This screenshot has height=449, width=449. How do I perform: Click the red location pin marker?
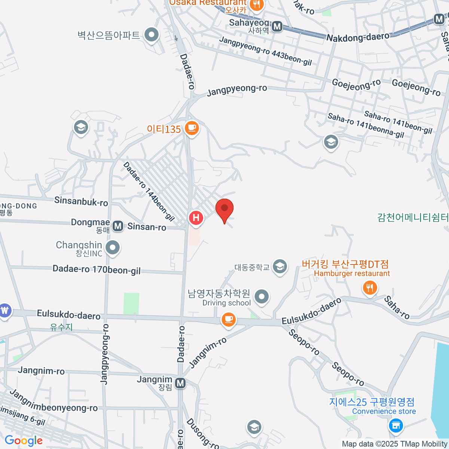[224, 209]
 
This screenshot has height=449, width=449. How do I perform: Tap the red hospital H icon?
[196, 218]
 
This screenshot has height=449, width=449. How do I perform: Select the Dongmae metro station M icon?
[118, 226]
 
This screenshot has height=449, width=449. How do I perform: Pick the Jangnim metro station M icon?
[180, 383]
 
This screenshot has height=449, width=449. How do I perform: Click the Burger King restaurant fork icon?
[370, 288]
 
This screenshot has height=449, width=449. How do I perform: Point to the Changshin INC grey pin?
[112, 247]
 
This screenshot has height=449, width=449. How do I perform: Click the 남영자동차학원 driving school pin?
[262, 297]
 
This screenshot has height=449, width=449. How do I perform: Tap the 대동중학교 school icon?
[280, 267]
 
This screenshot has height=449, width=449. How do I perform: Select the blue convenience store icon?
[395, 425]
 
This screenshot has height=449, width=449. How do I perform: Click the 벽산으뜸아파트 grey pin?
[152, 35]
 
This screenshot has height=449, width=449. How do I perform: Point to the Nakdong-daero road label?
[358, 37]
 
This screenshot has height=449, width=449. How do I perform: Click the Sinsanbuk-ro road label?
[81, 201]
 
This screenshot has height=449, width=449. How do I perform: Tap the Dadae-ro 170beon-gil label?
[97, 269]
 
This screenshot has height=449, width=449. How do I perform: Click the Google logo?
[24, 441]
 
